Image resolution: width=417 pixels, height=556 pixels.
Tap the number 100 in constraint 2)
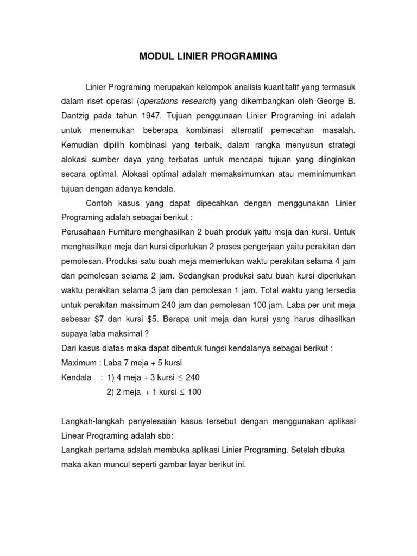point(194,392)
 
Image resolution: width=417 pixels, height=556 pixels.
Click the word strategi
point(340,145)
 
